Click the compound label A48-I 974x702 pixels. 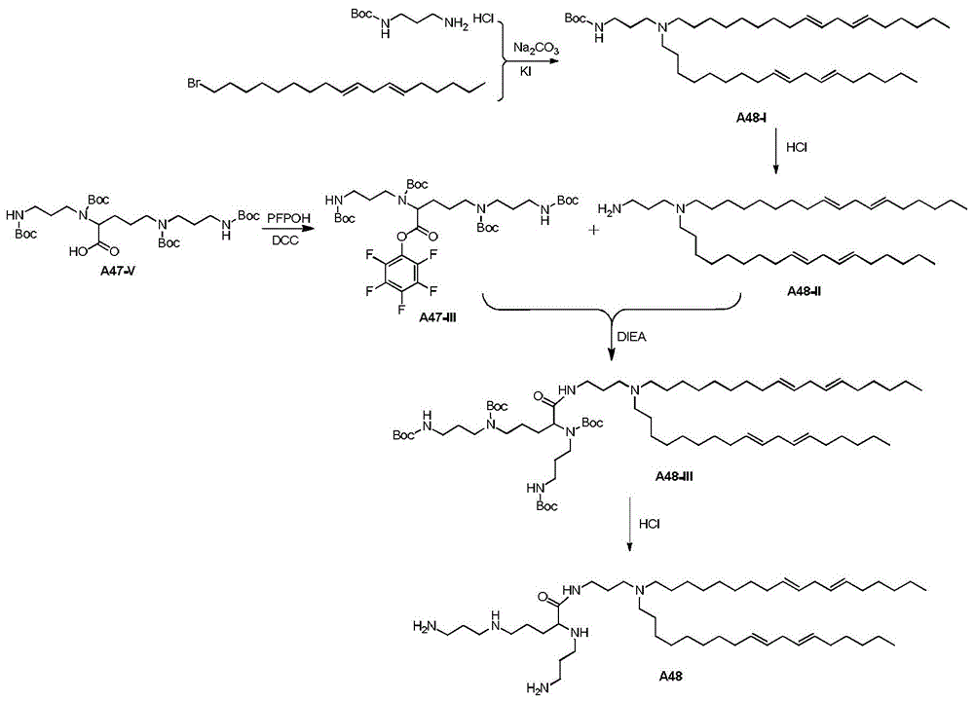pos(750,117)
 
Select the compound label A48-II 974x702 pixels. pos(804,291)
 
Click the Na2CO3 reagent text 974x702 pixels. pos(536,49)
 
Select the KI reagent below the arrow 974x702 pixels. pos(525,71)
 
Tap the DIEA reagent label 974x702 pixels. pos(631,337)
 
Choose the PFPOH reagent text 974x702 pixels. pos(288,218)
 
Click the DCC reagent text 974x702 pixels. pos(285,240)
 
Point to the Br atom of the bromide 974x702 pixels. pos(195,83)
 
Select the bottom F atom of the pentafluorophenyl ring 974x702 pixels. pos(401,309)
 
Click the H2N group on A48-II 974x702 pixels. pos(610,210)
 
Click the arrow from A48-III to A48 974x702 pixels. pos(630,523)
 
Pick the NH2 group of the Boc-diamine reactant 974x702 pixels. pos(457,24)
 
